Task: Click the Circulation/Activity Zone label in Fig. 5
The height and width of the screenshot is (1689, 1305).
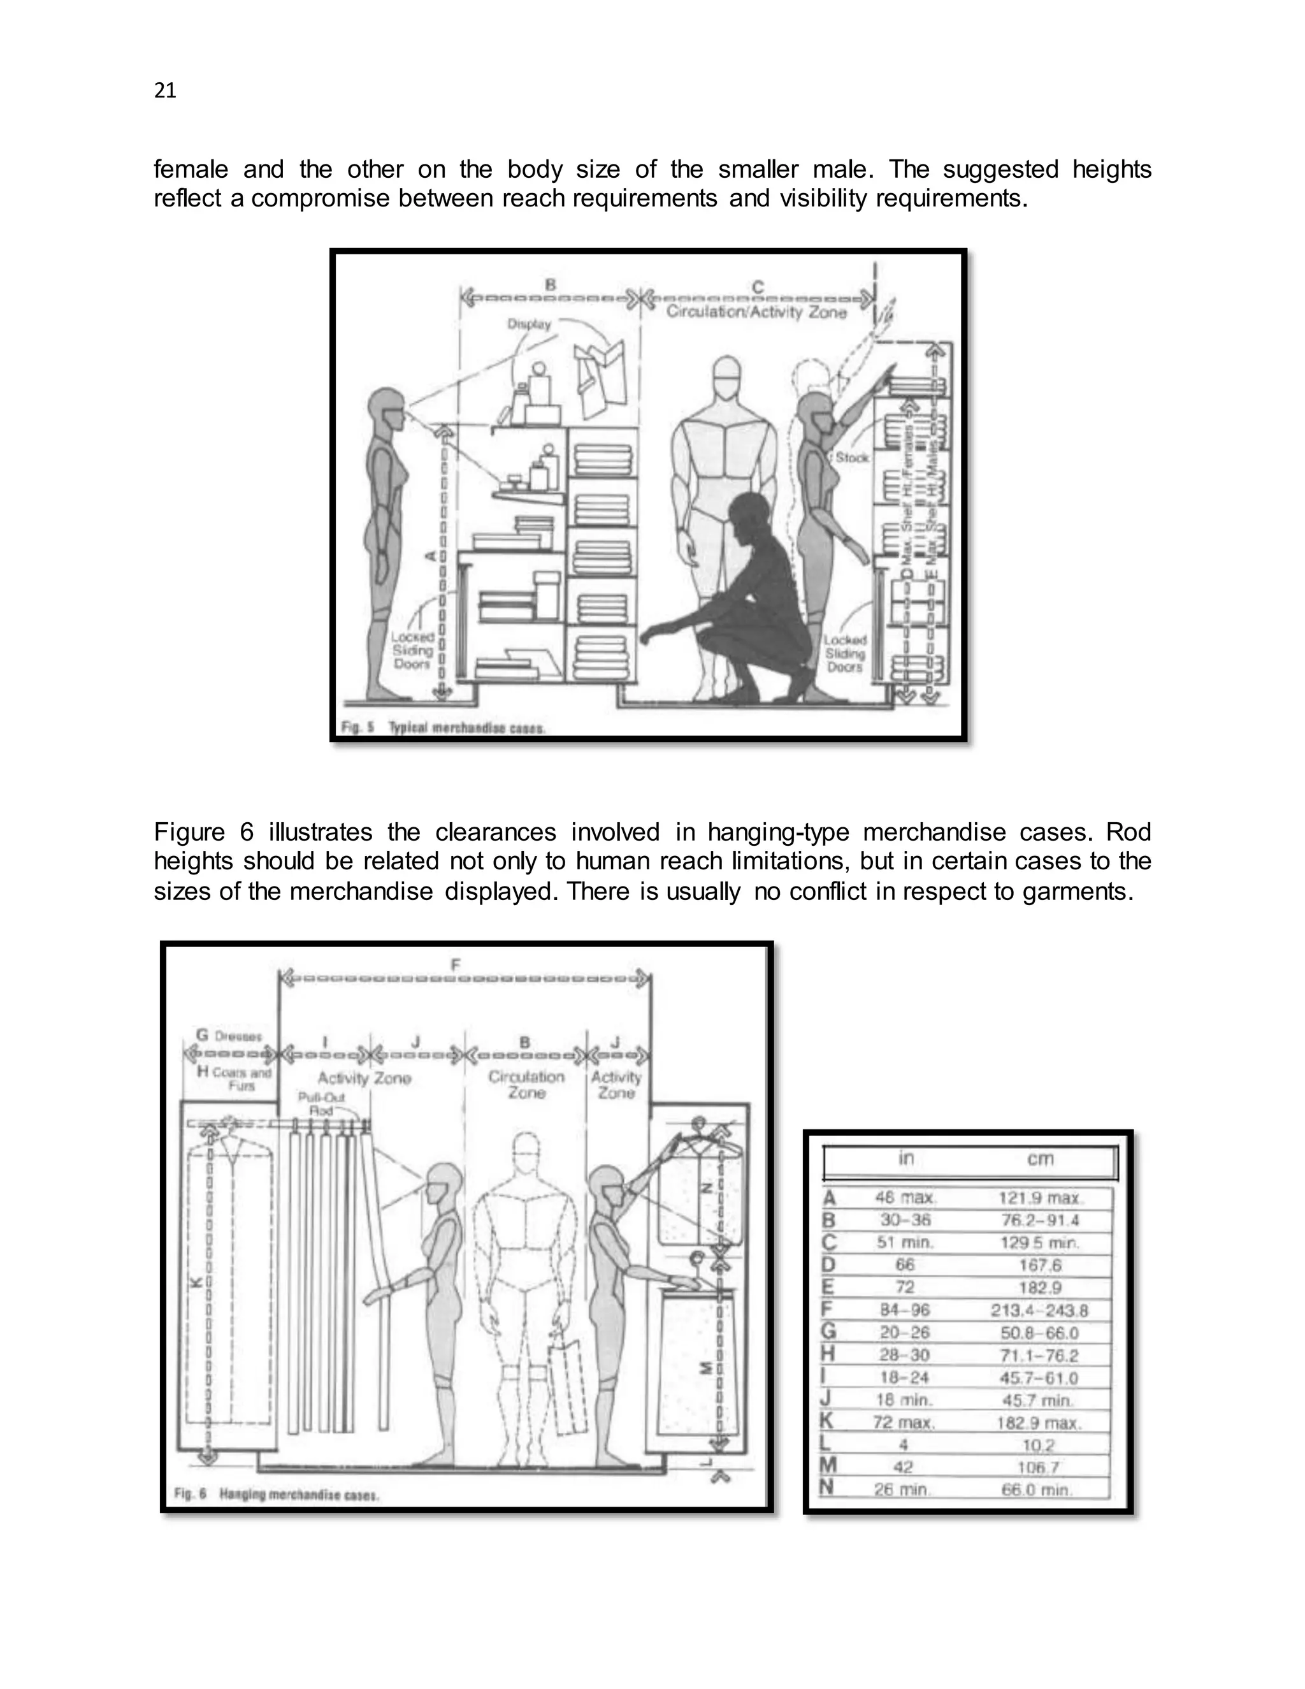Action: tap(756, 312)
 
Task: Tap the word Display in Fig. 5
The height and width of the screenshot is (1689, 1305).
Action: tap(529, 324)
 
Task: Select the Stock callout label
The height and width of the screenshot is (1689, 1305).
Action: tap(852, 457)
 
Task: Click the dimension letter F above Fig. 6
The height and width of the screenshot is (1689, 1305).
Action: tap(456, 964)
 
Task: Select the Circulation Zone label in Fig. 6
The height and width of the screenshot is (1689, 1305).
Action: tap(526, 1084)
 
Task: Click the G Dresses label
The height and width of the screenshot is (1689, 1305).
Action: tap(229, 1036)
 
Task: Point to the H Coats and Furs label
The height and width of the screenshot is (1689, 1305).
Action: tap(234, 1078)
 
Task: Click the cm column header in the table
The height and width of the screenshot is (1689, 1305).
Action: tap(1040, 1159)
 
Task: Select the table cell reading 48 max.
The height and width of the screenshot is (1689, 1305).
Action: tap(905, 1198)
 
